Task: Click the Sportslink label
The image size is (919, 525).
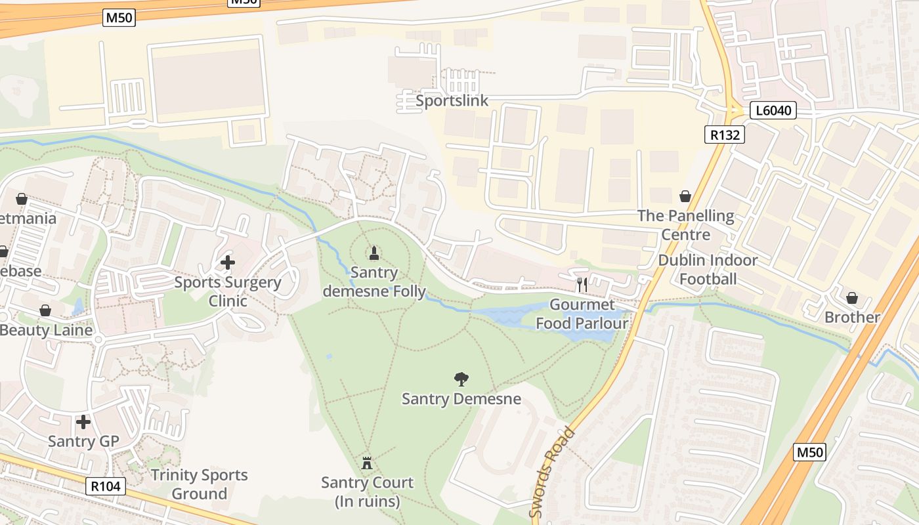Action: point(452,100)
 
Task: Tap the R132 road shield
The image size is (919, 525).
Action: point(725,135)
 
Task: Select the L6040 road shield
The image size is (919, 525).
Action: point(773,110)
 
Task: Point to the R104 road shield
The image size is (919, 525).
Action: point(106,486)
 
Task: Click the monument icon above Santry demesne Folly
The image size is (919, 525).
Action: point(374,253)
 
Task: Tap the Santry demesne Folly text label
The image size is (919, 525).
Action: point(374,282)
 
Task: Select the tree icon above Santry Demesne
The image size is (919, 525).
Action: point(461,379)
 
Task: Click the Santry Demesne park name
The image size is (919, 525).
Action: point(461,398)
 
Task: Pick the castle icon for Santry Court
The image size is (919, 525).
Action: point(367,463)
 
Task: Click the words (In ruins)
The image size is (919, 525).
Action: point(367,502)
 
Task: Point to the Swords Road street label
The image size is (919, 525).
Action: point(553,472)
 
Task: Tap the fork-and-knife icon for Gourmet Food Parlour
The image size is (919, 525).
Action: point(582,284)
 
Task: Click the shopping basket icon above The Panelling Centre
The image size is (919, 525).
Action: point(685,196)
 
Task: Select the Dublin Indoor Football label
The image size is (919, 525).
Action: point(708,270)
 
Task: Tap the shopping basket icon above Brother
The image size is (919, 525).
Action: point(852,298)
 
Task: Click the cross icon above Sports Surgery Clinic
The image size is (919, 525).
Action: point(227,262)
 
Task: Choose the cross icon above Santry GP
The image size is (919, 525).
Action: point(83,421)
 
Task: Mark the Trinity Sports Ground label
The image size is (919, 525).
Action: point(199,484)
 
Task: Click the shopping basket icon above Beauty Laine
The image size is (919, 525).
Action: point(45,310)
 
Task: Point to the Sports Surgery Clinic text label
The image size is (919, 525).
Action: point(227,292)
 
